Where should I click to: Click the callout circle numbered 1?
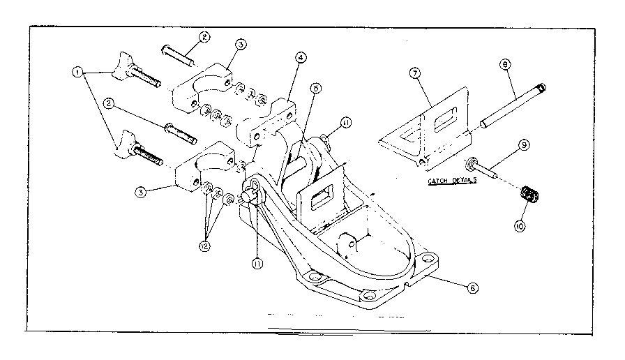pyautogui.click(x=77, y=70)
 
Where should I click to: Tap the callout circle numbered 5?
pyautogui.click(x=316, y=89)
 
